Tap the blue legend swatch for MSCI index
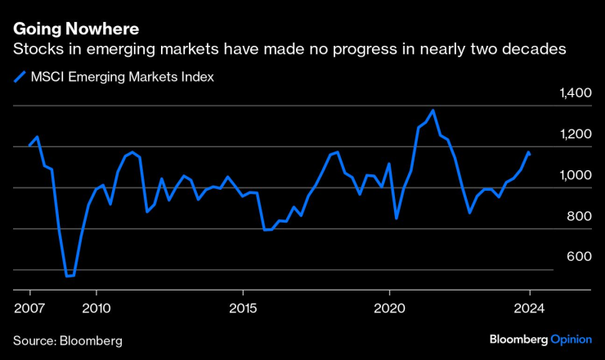(x=20, y=78)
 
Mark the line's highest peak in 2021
(x=432, y=110)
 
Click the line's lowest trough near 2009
(x=68, y=277)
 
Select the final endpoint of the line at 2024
(x=529, y=153)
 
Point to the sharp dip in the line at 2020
(x=397, y=218)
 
